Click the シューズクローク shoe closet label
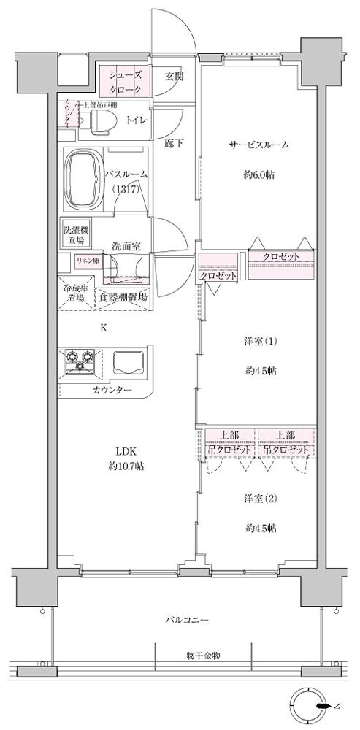125,81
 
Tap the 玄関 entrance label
174,75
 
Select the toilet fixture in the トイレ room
98,120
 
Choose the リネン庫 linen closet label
85,260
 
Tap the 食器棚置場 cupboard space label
122,298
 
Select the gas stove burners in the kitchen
82,358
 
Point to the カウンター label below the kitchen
112,391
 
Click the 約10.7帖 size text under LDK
126,466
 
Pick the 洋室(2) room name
261,499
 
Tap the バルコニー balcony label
188,620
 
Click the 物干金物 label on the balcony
202,656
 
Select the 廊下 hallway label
173,143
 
